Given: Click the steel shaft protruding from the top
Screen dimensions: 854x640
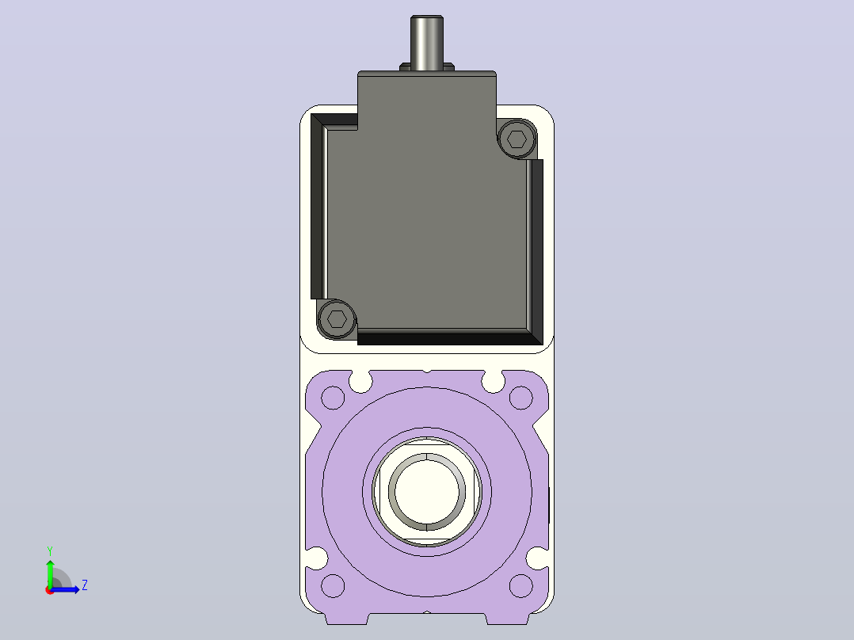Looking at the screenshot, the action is pos(426,43).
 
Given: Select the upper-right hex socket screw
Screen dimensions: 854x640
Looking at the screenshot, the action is pos(517,139).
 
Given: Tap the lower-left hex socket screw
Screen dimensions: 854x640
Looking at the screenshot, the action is pos(337,318).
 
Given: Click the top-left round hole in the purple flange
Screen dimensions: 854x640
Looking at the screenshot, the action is pos(333,398).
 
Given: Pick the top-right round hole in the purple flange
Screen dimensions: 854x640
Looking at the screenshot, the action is pos(520,398).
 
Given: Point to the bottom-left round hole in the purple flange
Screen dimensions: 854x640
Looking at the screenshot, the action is pos(333,585).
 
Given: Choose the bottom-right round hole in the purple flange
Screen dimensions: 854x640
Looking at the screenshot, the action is pos(520,585).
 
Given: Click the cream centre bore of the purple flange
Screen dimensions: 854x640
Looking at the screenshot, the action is pos(426,491).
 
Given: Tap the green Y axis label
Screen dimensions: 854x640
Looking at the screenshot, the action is pos(50,550).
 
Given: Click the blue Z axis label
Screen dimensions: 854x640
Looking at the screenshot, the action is pos(85,585).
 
